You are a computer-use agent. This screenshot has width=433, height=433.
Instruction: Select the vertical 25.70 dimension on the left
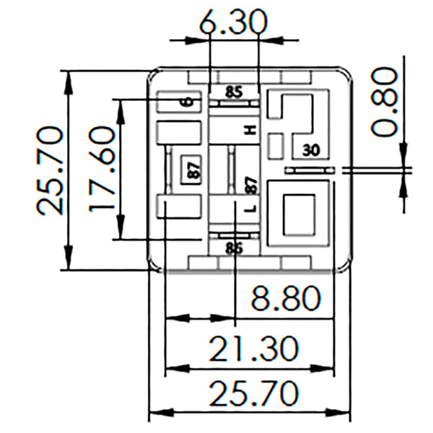49,170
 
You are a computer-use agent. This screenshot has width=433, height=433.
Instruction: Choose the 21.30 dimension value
255,349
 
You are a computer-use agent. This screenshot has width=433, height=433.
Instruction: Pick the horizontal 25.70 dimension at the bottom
255,394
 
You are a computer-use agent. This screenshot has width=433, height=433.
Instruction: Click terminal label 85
233,92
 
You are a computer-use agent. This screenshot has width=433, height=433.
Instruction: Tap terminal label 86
233,249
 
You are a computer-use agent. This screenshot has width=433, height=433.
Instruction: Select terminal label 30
310,150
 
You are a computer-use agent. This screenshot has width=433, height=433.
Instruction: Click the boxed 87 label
192,171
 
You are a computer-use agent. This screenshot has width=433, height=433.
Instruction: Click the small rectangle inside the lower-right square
298,215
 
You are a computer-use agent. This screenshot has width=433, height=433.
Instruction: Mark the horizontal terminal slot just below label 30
310,170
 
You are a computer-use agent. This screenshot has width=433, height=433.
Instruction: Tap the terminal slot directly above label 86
233,235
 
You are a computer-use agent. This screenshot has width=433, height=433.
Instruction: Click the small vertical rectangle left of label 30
275,146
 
